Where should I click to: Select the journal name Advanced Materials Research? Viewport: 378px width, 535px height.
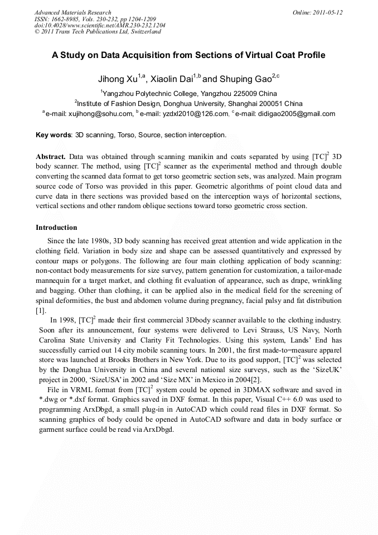pos(72,12)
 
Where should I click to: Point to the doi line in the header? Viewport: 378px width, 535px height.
pos(100,25)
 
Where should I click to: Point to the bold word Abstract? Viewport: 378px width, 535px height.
pos(51,156)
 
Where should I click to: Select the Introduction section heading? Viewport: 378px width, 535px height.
pos(56,228)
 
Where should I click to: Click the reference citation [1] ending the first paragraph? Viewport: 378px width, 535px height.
pos(41,310)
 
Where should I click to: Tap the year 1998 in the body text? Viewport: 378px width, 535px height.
pos(63,320)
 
